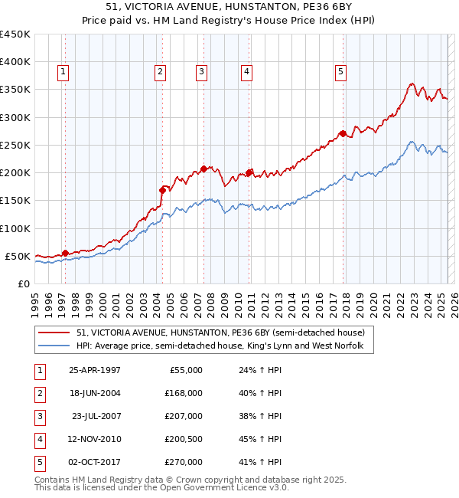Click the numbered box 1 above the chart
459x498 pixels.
(x=62, y=73)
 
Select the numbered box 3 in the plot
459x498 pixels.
(x=201, y=73)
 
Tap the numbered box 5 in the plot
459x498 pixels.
(x=340, y=73)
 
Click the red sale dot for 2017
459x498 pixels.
(x=343, y=133)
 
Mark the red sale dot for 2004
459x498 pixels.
(x=162, y=190)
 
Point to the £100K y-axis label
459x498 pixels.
(x=15, y=228)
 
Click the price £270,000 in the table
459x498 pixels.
(x=184, y=462)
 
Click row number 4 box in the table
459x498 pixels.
(x=38, y=439)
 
